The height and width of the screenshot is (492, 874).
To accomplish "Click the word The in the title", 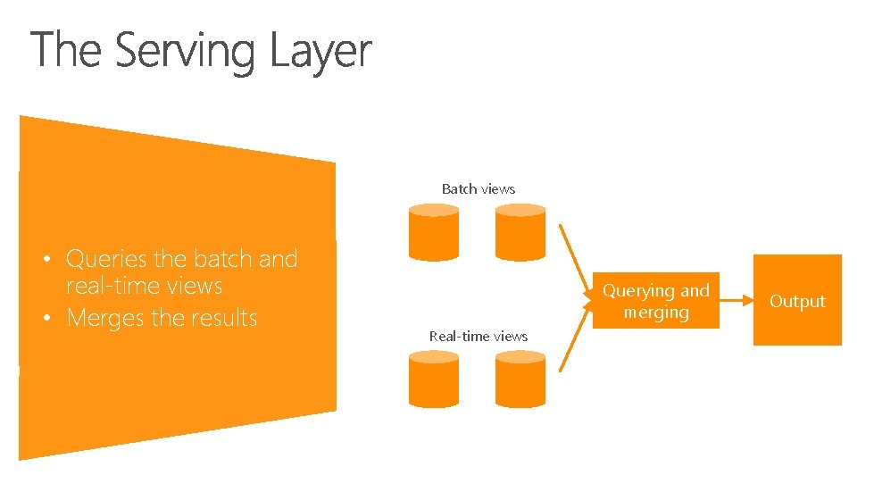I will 69,51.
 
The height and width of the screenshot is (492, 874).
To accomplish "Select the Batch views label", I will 478,188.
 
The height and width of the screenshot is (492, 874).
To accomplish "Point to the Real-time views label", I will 478,336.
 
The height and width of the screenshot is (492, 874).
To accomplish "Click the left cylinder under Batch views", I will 434,231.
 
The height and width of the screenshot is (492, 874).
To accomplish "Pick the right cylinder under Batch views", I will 520,231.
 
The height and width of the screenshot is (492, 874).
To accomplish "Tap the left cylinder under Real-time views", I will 434,379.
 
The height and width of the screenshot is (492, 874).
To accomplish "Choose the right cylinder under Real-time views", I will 520,379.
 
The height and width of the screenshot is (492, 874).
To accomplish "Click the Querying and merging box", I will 656,301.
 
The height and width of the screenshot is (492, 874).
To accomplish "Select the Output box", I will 797,301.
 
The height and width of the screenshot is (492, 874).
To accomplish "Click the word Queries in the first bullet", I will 106,259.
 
